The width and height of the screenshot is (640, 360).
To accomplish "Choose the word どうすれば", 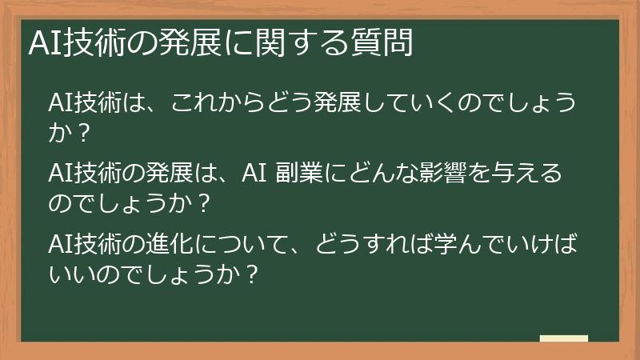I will pos(360,241).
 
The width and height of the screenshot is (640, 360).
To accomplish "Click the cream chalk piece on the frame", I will pos(564,338).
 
